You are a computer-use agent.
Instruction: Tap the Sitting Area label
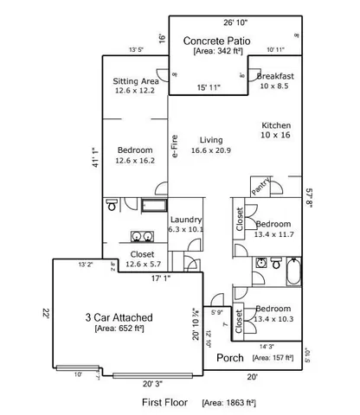point(136,81)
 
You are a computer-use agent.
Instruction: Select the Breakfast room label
point(275,77)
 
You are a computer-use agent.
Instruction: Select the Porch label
point(229,358)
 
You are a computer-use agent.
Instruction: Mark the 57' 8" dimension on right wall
point(308,198)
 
